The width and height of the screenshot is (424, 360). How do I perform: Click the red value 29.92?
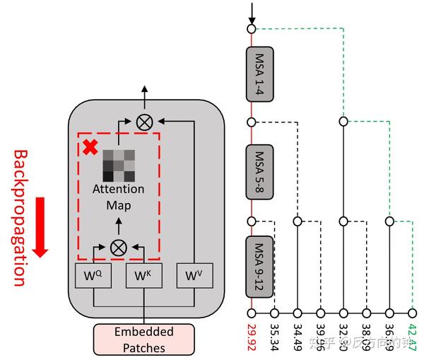pyautogui.click(x=252, y=337)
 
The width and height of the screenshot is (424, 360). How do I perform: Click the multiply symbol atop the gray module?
pyautogui.click(x=144, y=121)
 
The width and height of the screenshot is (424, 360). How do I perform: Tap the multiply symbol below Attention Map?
pyautogui.click(x=118, y=247)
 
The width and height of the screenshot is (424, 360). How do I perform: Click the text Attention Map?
pyautogui.click(x=118, y=197)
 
